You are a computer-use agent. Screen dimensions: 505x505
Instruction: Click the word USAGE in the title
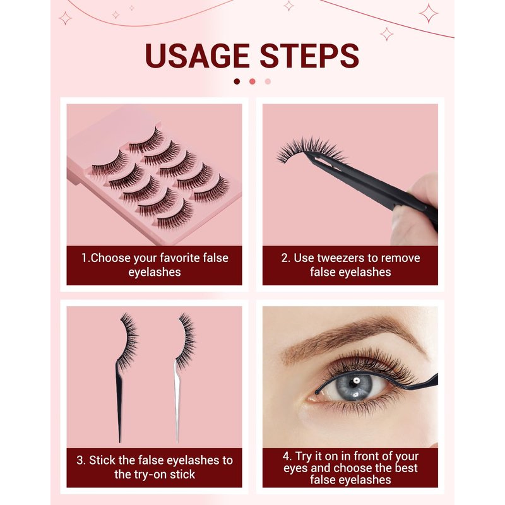click(197, 56)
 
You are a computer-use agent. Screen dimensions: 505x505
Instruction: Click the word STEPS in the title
click(309, 56)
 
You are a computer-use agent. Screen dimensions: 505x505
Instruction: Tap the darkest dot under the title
click(237, 81)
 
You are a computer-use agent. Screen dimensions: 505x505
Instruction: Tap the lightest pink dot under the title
click(268, 81)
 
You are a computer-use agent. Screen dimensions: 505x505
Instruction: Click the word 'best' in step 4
click(406, 468)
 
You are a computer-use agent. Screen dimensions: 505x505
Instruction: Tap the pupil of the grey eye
click(355, 383)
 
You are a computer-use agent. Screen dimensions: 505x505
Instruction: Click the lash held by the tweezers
click(309, 150)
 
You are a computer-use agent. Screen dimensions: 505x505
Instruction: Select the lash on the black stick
click(128, 342)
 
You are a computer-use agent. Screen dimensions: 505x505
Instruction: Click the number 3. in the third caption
click(81, 460)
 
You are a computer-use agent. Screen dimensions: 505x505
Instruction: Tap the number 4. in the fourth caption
click(287, 456)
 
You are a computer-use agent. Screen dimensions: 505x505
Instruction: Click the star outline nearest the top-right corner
click(429, 13)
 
